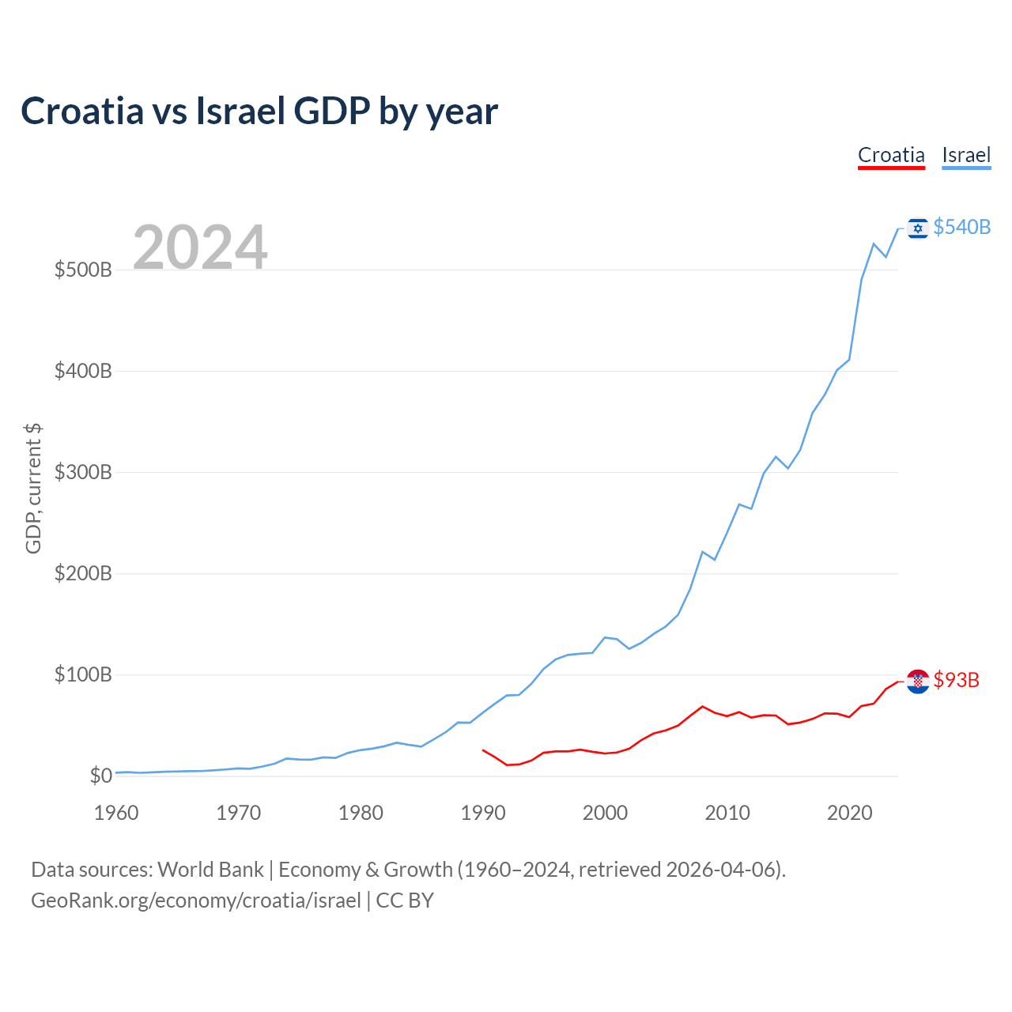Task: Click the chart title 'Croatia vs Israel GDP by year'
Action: pos(259,111)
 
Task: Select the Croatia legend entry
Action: pos(891,155)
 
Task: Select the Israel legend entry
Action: pos(966,155)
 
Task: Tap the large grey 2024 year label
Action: pos(200,247)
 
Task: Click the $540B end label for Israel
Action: pos(961,227)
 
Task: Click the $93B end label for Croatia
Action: pos(956,680)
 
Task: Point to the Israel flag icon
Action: pos(917,228)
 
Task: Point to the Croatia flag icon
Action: pos(917,681)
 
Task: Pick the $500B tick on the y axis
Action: pos(83,270)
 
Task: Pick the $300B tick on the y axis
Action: pos(83,472)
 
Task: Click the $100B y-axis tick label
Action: pos(83,674)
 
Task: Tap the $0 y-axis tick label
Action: pos(100,776)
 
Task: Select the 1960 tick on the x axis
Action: pos(116,813)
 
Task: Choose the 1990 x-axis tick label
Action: pos(483,813)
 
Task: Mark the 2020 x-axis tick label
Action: pos(849,813)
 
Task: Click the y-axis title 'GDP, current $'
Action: pos(33,488)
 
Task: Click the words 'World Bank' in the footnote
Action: pos(210,870)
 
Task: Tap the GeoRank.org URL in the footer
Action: pos(196,901)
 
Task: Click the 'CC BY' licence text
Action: pos(405,901)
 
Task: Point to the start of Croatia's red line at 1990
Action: pos(483,750)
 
